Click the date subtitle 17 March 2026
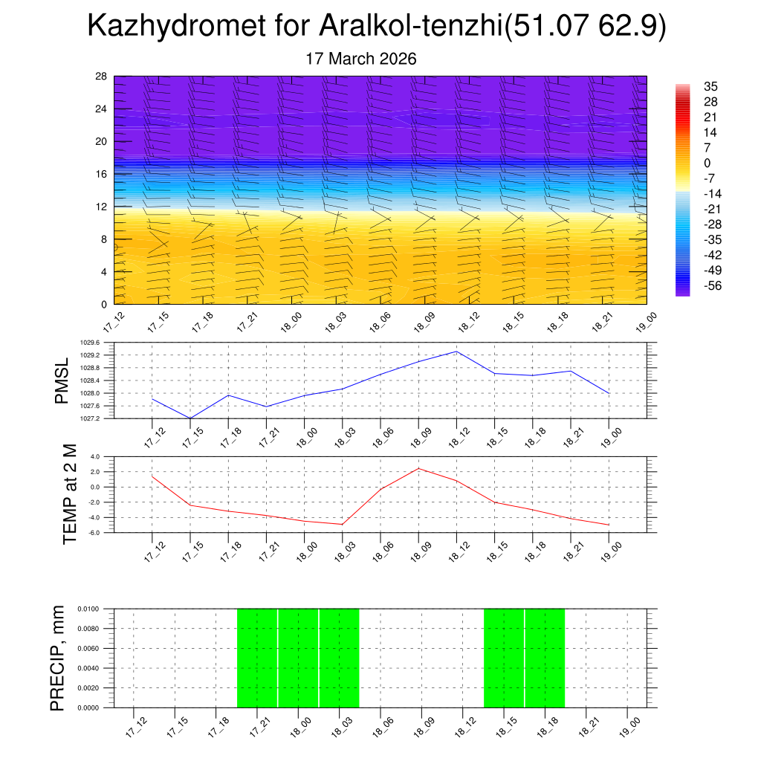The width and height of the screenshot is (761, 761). point(362,59)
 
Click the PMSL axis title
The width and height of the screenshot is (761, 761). point(62,380)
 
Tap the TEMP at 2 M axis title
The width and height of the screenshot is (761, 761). point(70,493)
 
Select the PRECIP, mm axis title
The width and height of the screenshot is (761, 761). point(58,658)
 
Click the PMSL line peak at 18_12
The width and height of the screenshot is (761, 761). point(456,352)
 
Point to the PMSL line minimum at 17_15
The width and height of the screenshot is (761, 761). point(190,418)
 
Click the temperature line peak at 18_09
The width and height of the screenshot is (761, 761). point(418,468)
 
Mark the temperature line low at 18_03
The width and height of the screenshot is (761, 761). point(342,525)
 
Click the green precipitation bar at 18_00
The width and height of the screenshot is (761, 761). point(299,658)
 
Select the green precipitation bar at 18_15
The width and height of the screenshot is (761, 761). point(504,658)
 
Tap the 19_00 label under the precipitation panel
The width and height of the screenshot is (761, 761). point(629,725)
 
